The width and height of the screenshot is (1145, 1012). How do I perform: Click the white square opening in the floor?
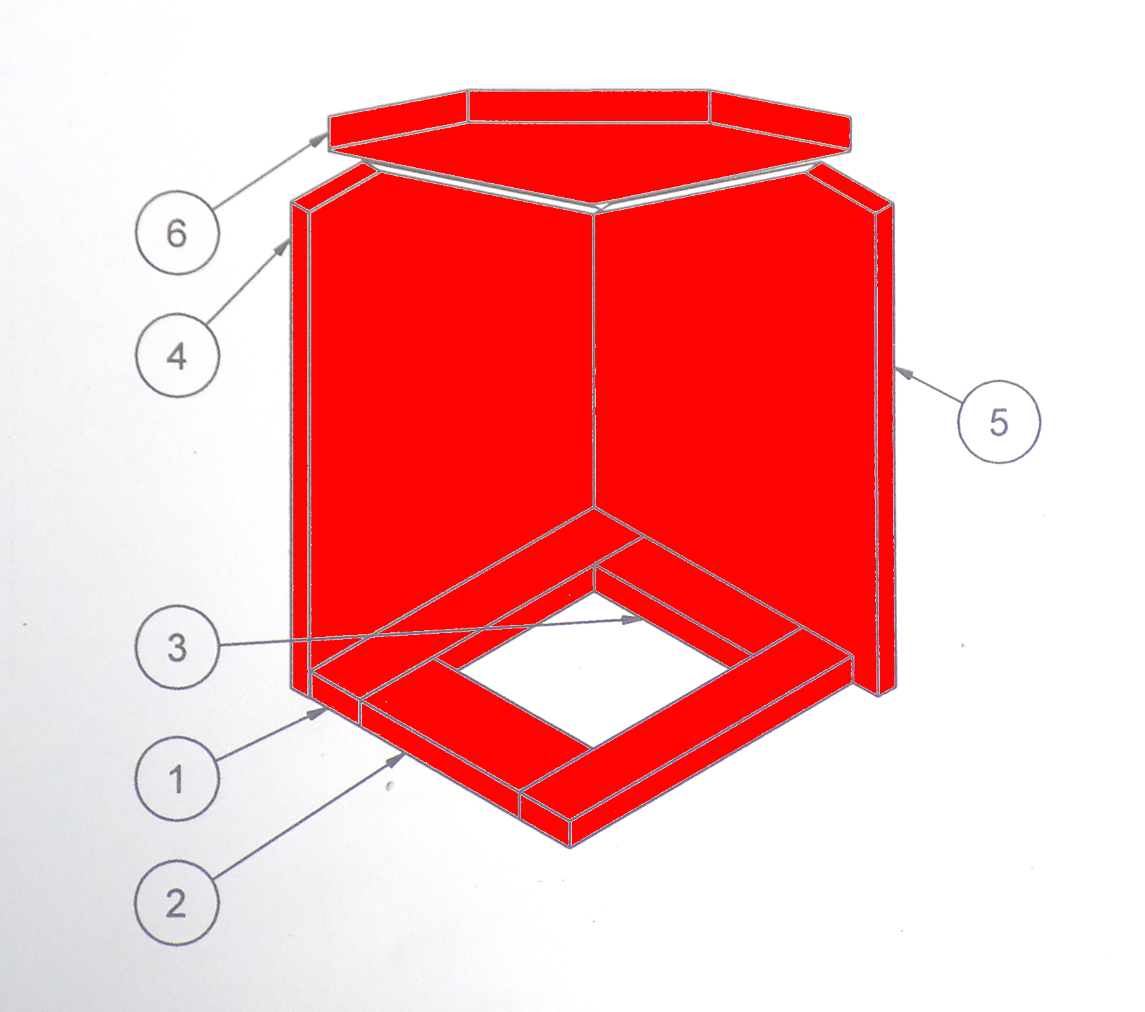[x=593, y=670]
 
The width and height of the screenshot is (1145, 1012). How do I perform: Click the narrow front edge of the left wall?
[x=301, y=448]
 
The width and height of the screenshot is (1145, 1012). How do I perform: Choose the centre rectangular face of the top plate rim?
[x=589, y=106]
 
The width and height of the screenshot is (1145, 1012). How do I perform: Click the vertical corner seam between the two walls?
[x=594, y=361]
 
